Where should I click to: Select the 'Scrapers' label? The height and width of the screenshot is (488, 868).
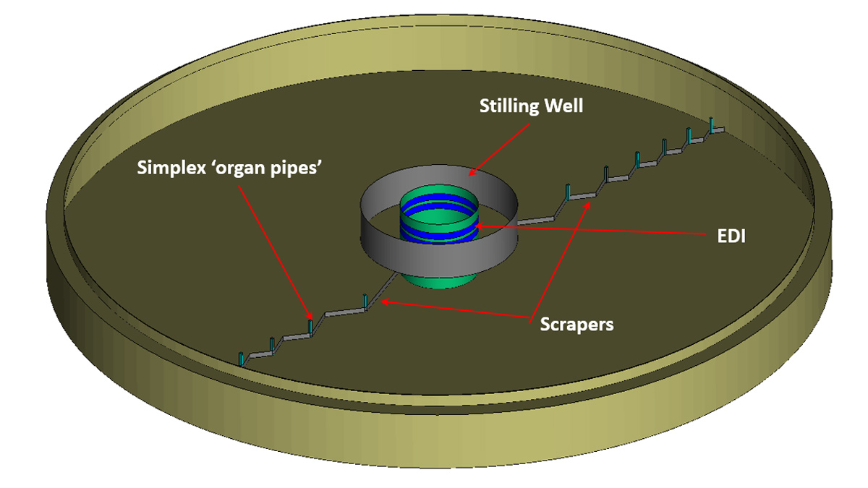pos(576,324)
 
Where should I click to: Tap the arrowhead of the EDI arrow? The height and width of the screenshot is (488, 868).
pos(478,227)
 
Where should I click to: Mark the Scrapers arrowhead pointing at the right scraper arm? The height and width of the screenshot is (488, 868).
pos(592,205)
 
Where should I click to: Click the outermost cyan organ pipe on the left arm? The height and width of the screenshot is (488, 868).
pos(240,359)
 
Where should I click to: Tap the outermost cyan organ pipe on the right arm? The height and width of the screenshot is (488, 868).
pos(712,125)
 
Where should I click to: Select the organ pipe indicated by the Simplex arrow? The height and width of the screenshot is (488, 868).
pos(310,328)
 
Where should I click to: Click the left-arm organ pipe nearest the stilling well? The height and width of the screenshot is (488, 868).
pos(366,301)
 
